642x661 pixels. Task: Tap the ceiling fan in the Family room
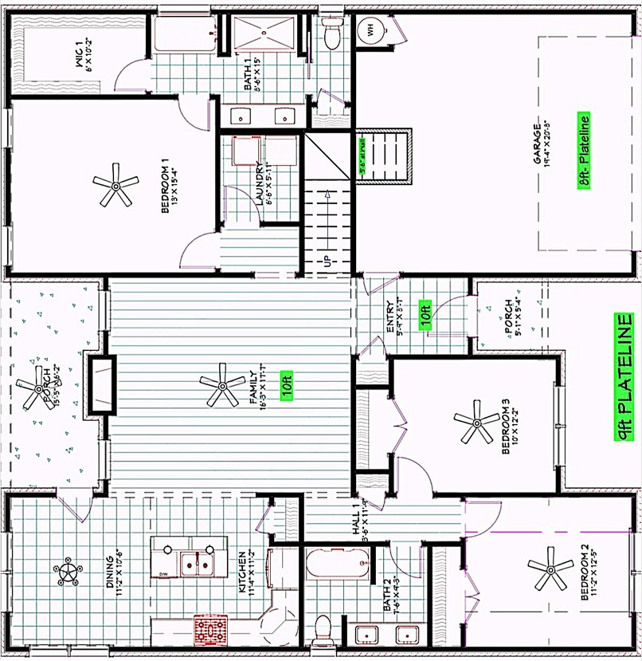222,386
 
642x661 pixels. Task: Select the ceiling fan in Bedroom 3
476,422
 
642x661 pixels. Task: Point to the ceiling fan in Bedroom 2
550,568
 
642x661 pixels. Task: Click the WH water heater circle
370,31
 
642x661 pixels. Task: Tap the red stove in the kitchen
211,629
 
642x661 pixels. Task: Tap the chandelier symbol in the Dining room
67,570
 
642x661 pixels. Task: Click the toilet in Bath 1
332,33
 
